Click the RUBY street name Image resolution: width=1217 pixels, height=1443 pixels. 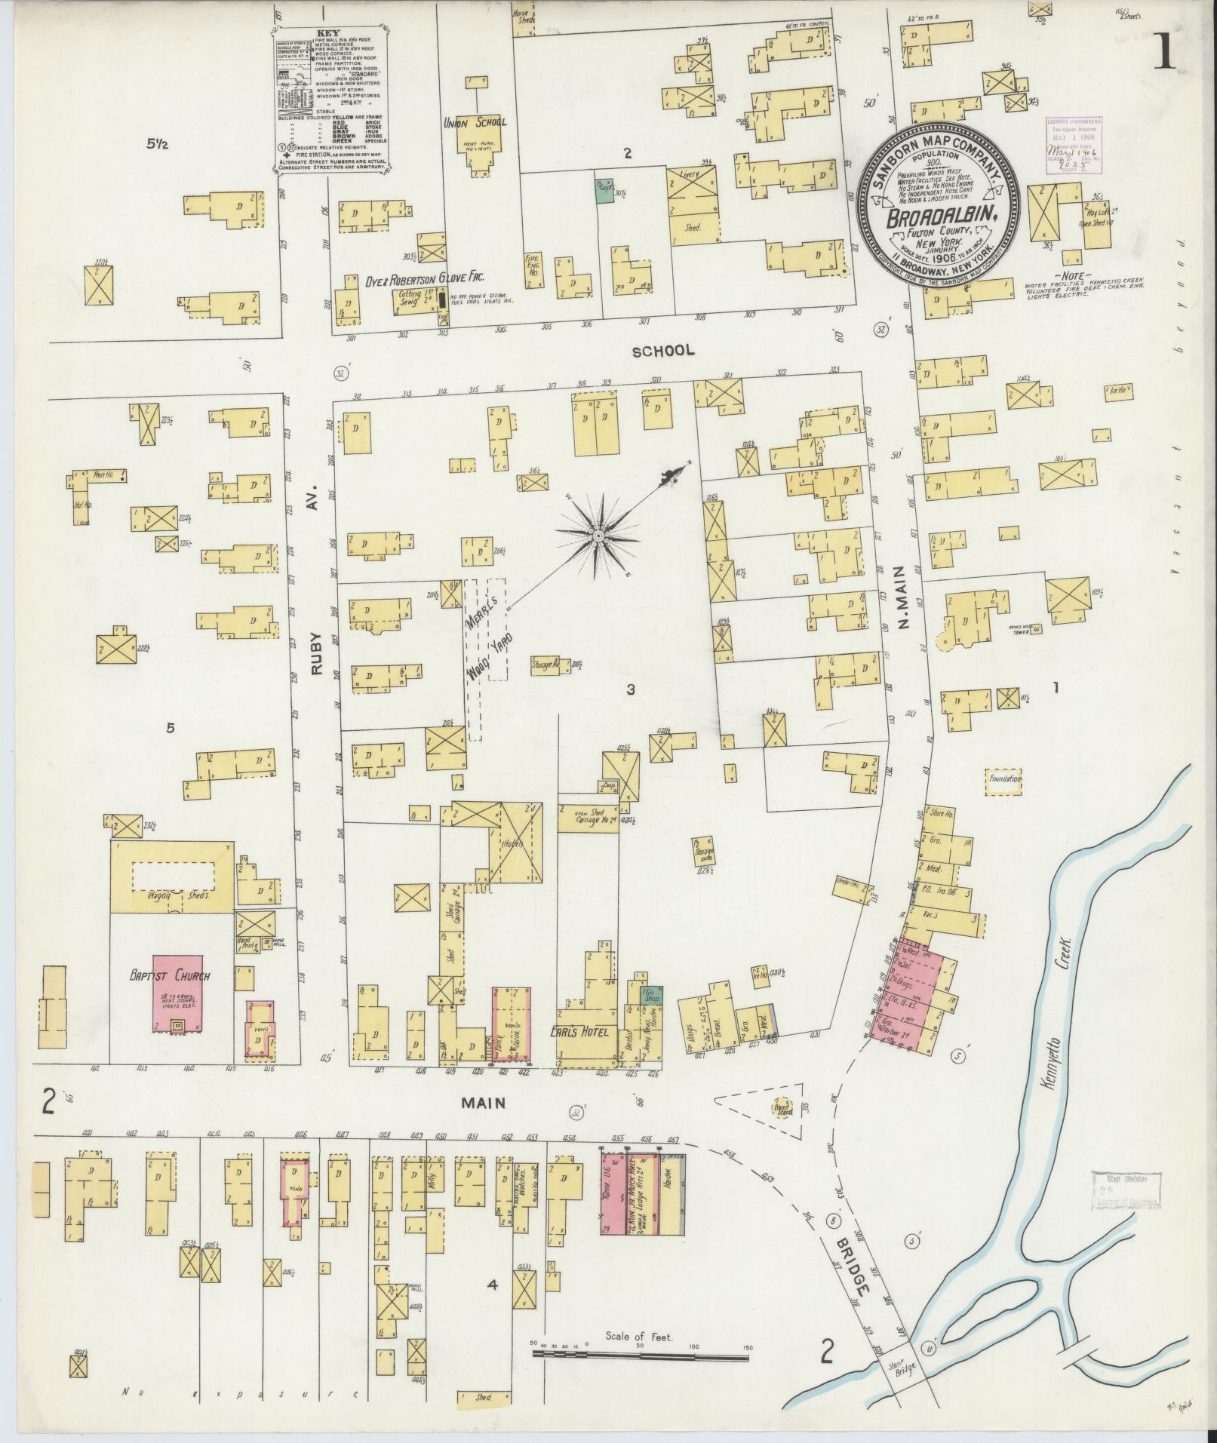[315, 649]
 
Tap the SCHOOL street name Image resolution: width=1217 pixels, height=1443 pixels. [662, 351]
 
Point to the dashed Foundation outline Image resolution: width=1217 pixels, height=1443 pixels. [1003, 778]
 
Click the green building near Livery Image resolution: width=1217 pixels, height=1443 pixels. [604, 190]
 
